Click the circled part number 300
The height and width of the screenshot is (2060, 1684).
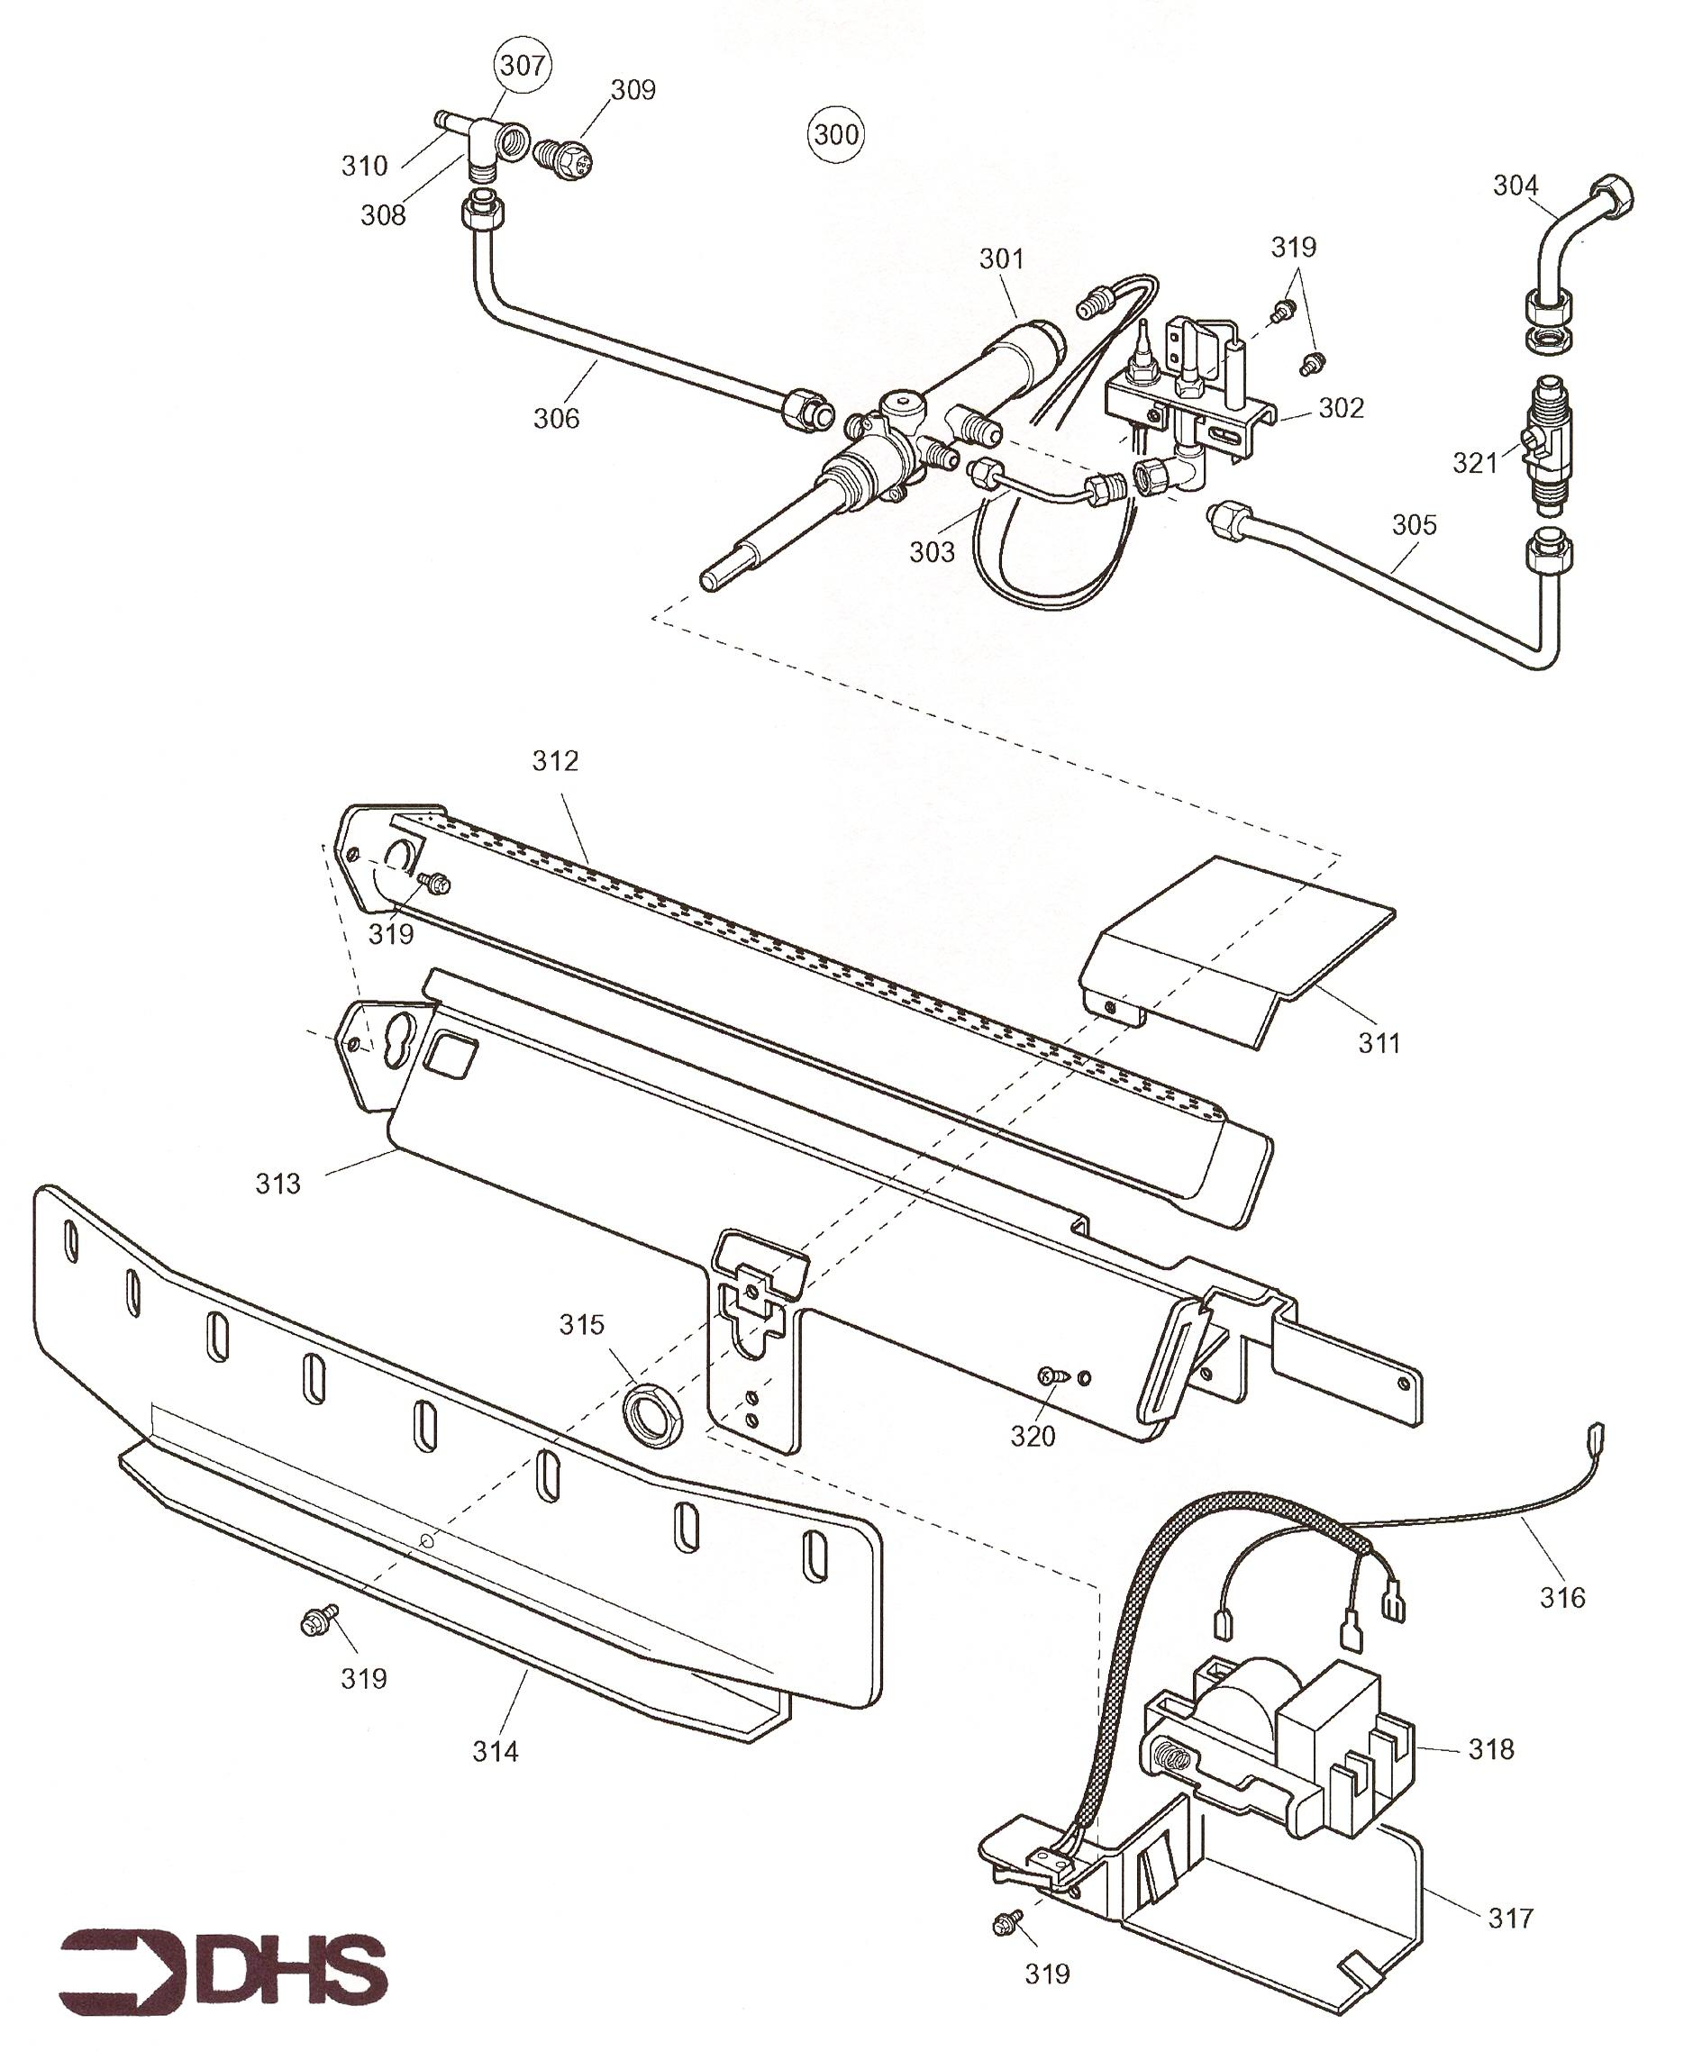tap(836, 134)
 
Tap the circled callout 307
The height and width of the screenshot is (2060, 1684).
tap(523, 66)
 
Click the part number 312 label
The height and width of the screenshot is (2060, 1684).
tap(555, 761)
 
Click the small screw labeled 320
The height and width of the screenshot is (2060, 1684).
tap(1052, 1375)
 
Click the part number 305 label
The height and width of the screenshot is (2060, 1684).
tap(1415, 525)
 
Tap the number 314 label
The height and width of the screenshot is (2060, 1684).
tap(496, 1751)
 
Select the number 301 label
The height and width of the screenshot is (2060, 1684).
tap(1001, 259)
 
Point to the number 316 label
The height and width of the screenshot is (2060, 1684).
tap(1562, 1596)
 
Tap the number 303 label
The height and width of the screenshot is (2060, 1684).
tap(933, 552)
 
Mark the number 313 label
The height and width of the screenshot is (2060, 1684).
tap(278, 1184)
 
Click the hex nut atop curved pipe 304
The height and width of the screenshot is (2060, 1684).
tap(1612, 199)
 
